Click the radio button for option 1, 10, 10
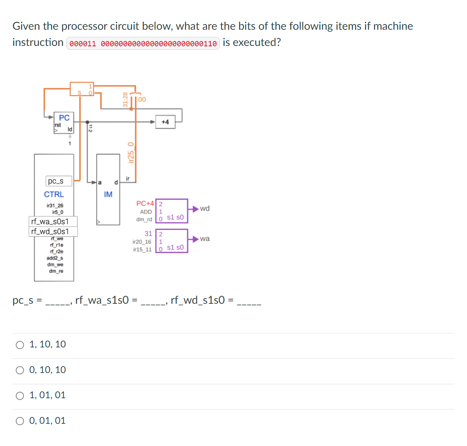point(20,345)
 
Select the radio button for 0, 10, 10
point(20,370)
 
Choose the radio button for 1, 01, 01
point(20,396)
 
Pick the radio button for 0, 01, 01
point(20,421)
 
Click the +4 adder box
point(165,122)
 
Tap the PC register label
point(64,118)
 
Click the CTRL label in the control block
point(54,195)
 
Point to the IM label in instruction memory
point(108,195)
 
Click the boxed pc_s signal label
point(58,181)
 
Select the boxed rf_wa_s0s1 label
point(53,221)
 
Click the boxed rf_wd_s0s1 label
point(53,231)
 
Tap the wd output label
point(205,209)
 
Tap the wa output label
point(205,239)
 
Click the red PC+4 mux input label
point(145,204)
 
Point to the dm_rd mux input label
point(144,219)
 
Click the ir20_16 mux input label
point(142,242)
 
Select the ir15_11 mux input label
point(142,250)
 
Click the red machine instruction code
point(143,44)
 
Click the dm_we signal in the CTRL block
point(55,265)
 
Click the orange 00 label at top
point(142,99)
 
